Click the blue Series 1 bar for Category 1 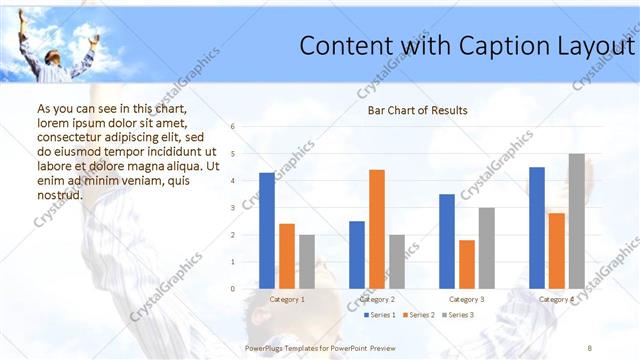[266, 231]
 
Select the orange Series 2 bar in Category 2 [376, 229]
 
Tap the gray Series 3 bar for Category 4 [576, 221]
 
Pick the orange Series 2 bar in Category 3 [466, 264]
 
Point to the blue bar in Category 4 [537, 228]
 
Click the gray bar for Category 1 [306, 262]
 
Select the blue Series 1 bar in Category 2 [357, 255]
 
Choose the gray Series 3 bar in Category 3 [486, 248]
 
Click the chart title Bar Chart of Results [411, 110]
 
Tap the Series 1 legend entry [379, 315]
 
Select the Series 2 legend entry [418, 315]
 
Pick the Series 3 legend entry [457, 315]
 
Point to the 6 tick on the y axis [232, 127]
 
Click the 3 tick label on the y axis [232, 208]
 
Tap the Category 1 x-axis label [287, 299]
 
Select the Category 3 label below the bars [467, 299]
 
